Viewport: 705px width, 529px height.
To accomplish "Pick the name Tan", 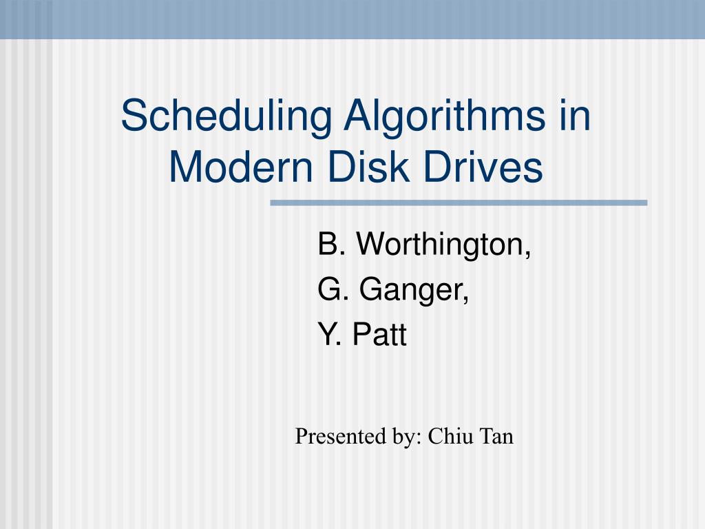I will coord(496,436).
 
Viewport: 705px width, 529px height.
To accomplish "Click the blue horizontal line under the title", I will coord(459,203).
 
